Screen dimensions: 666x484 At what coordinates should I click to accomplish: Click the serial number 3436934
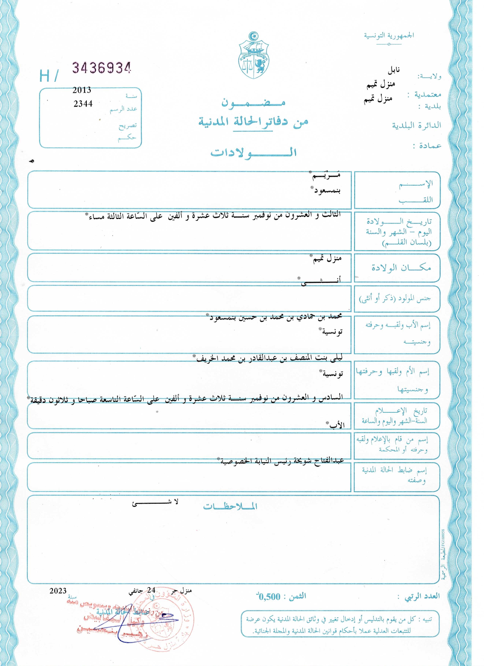101,68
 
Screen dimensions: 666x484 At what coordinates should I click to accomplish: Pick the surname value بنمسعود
326,191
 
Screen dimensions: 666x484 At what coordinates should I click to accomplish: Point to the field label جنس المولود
395,299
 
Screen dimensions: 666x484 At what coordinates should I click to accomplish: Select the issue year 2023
58,590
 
